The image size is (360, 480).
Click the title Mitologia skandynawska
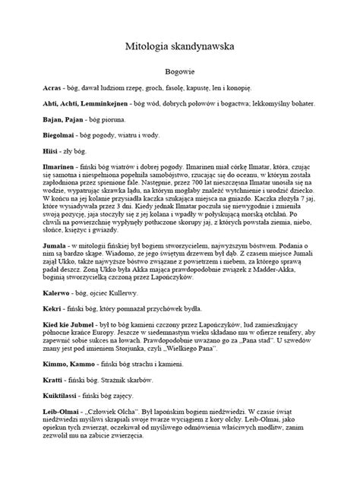(180, 46)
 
